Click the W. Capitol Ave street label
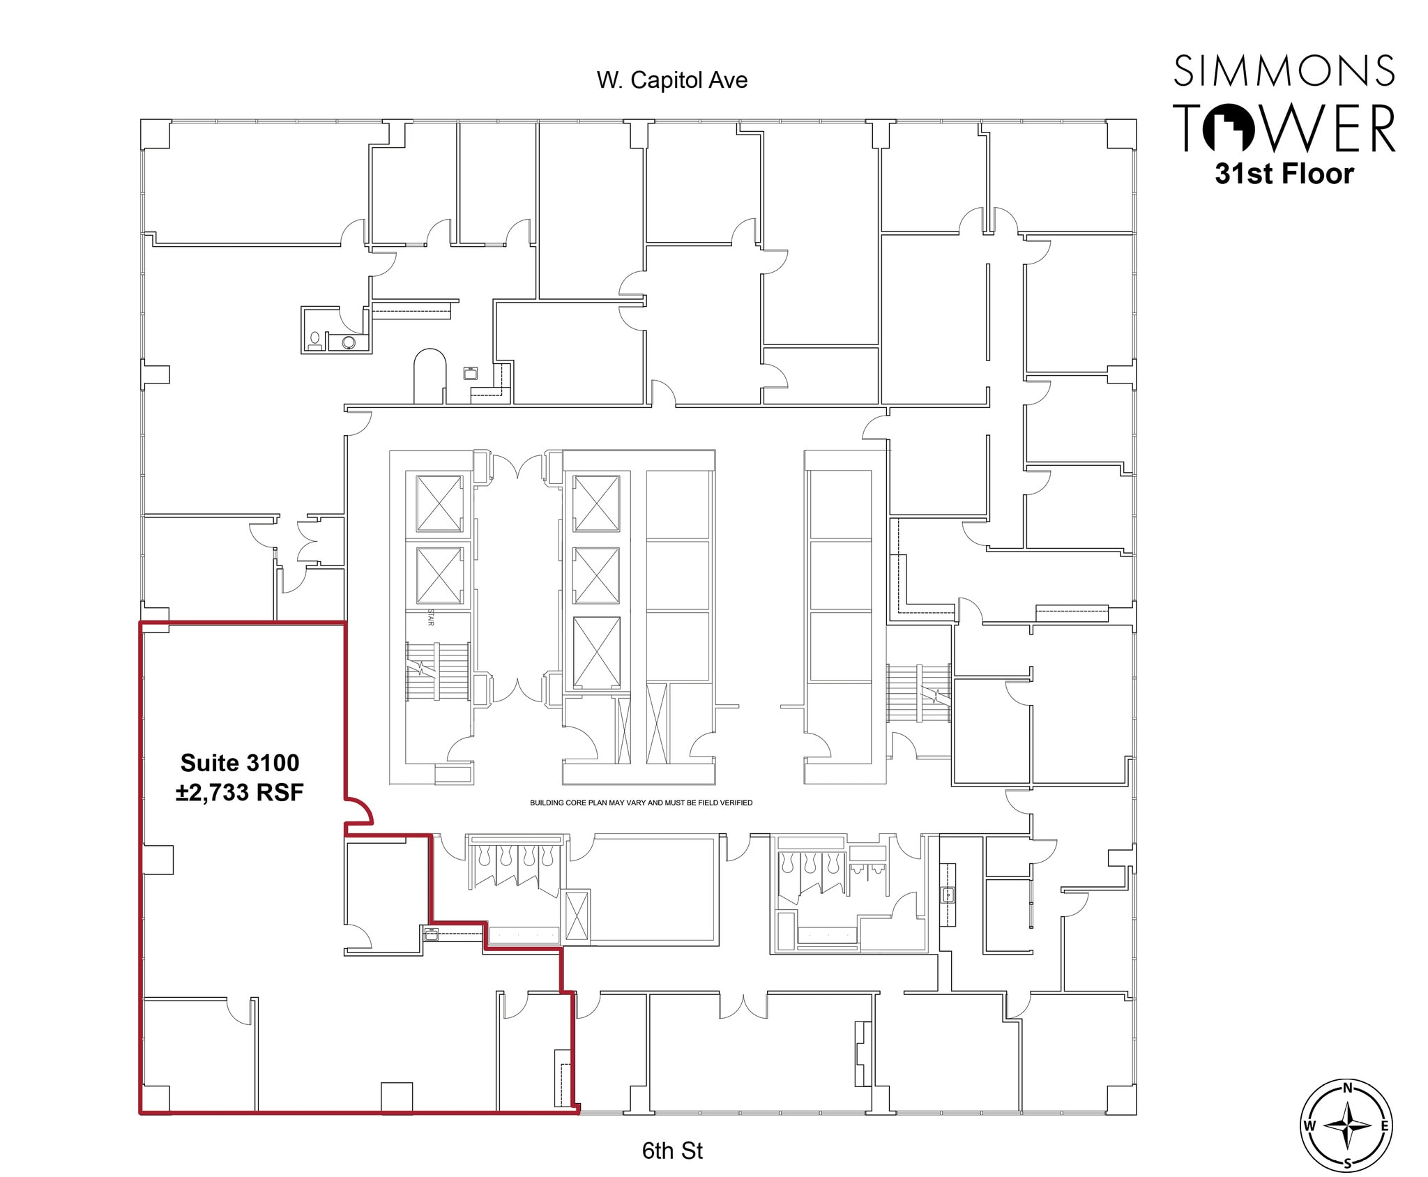[x=671, y=80]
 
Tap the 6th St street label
[x=671, y=1150]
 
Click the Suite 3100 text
[x=240, y=763]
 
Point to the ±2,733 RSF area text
[x=240, y=793]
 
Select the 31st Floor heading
[x=1284, y=174]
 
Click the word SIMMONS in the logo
[x=1284, y=71]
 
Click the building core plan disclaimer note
[x=641, y=803]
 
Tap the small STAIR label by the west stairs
[x=430, y=618]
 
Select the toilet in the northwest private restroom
[x=315, y=340]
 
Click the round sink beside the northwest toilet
[x=349, y=342]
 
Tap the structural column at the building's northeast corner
[x=1121, y=134]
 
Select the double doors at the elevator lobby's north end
[x=518, y=466]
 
